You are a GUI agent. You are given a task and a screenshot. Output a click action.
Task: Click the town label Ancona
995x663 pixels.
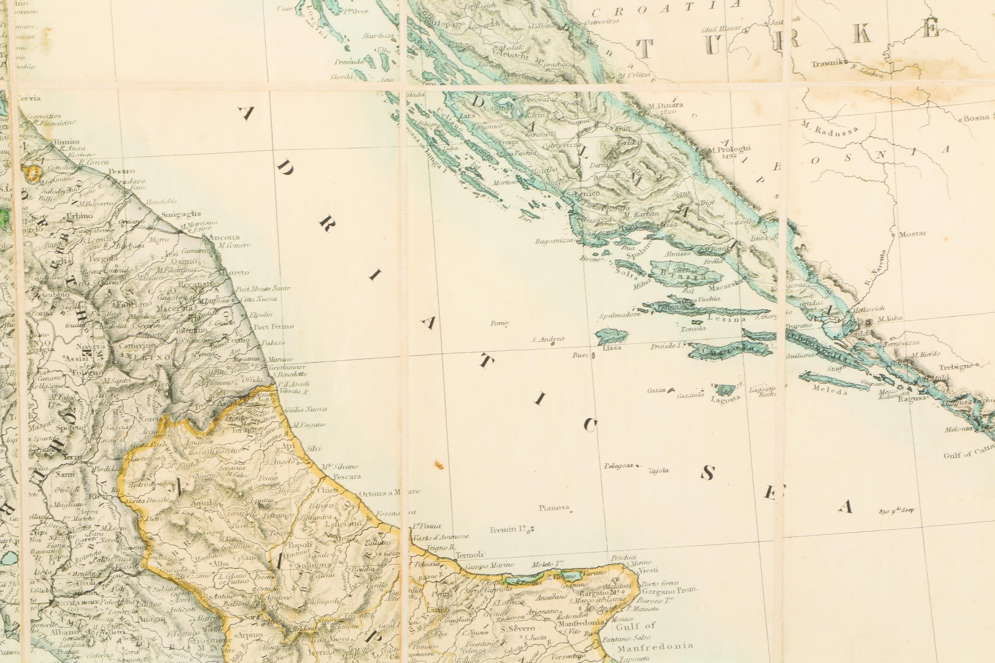pos(224,237)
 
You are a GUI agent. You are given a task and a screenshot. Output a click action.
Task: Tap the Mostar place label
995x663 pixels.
pos(913,233)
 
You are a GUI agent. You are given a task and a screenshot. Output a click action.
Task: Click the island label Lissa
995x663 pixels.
pos(612,348)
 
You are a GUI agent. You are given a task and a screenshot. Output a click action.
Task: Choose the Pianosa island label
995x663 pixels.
pos(554,507)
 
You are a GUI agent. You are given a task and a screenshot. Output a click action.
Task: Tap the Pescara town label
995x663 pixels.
pos(347,476)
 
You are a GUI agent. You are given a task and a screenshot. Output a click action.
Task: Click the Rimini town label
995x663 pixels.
pos(67,142)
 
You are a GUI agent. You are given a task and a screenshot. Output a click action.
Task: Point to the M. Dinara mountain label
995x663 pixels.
pos(665,105)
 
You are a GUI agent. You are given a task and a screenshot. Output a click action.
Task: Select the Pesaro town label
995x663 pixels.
pos(121,171)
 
